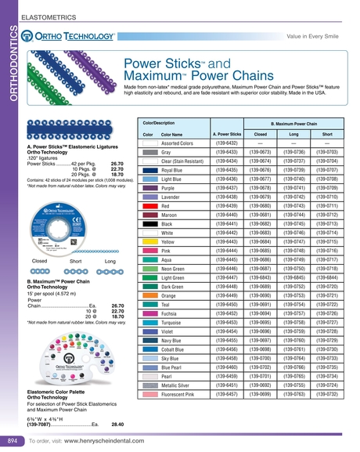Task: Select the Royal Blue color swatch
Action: click(x=148, y=169)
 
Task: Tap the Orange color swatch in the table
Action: click(x=148, y=296)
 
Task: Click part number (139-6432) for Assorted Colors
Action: click(x=225, y=143)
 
